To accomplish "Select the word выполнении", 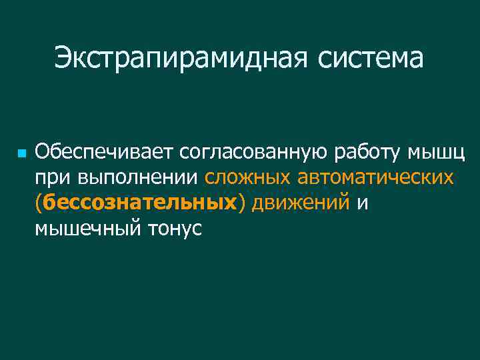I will (136, 178).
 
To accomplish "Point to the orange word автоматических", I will (375, 178).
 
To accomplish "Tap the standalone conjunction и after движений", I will (363, 203).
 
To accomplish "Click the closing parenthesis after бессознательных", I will (242, 203).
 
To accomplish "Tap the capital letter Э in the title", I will (63, 57).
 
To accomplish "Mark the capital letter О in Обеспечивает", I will (43, 153).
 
